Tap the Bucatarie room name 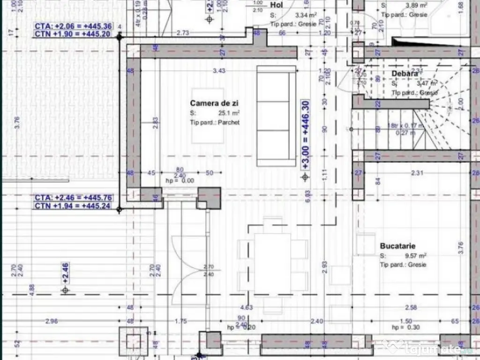click(x=397, y=246)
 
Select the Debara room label click(x=405, y=73)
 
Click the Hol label click(x=277, y=5)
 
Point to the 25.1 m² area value click(x=229, y=113)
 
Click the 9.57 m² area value click(x=416, y=255)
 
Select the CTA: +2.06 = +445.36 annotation click(x=73, y=26)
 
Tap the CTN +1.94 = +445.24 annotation click(x=73, y=205)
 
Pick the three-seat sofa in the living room click(x=276, y=116)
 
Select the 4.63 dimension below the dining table click(x=247, y=307)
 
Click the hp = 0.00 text click(x=180, y=180)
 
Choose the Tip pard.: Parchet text click(x=215, y=122)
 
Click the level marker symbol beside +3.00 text click(x=305, y=177)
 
